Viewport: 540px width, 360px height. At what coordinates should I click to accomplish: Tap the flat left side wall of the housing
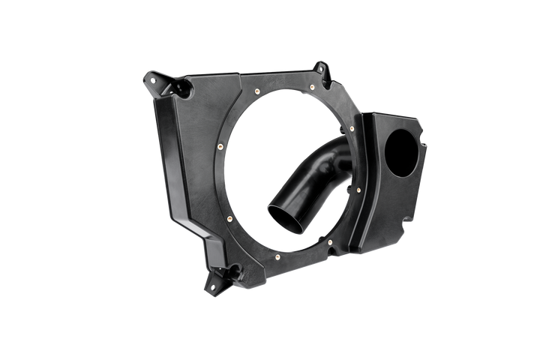pos(169,157)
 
